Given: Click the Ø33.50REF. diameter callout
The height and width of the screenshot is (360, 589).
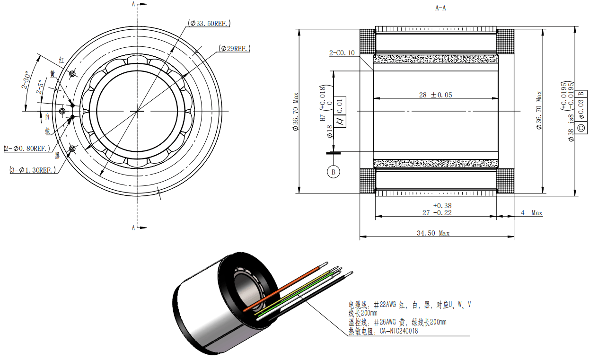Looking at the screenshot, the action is coord(209,23).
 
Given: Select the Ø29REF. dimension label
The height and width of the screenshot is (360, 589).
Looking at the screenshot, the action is coord(234,48).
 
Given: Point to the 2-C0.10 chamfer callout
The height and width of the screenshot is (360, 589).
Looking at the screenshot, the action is coord(342,53).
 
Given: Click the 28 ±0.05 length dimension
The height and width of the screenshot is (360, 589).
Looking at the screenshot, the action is coord(435,95).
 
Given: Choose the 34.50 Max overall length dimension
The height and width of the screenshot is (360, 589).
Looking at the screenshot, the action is coord(433,233).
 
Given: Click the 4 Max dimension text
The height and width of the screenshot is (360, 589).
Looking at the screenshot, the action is coord(531,213).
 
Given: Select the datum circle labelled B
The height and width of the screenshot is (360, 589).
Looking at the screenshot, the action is coord(334,172).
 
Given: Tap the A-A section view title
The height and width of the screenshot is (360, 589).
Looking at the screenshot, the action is coord(440,8).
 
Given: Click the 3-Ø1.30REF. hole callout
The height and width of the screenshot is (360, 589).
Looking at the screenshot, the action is coord(33,170).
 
